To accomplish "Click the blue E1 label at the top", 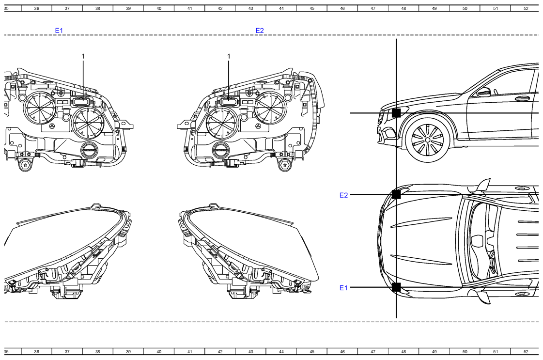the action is tap(59, 31).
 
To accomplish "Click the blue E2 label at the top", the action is tap(260, 31).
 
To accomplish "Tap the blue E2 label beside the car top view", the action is tap(343, 195).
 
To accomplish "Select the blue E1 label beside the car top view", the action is tap(343, 288).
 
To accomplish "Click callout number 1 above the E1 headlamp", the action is tap(83, 56).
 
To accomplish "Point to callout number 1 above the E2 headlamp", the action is tap(229, 56).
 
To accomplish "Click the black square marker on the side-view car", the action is tap(396, 113).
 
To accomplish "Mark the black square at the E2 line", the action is tap(396, 194).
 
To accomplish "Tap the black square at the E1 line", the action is tap(396, 287).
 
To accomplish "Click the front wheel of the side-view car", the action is tap(427, 140).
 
